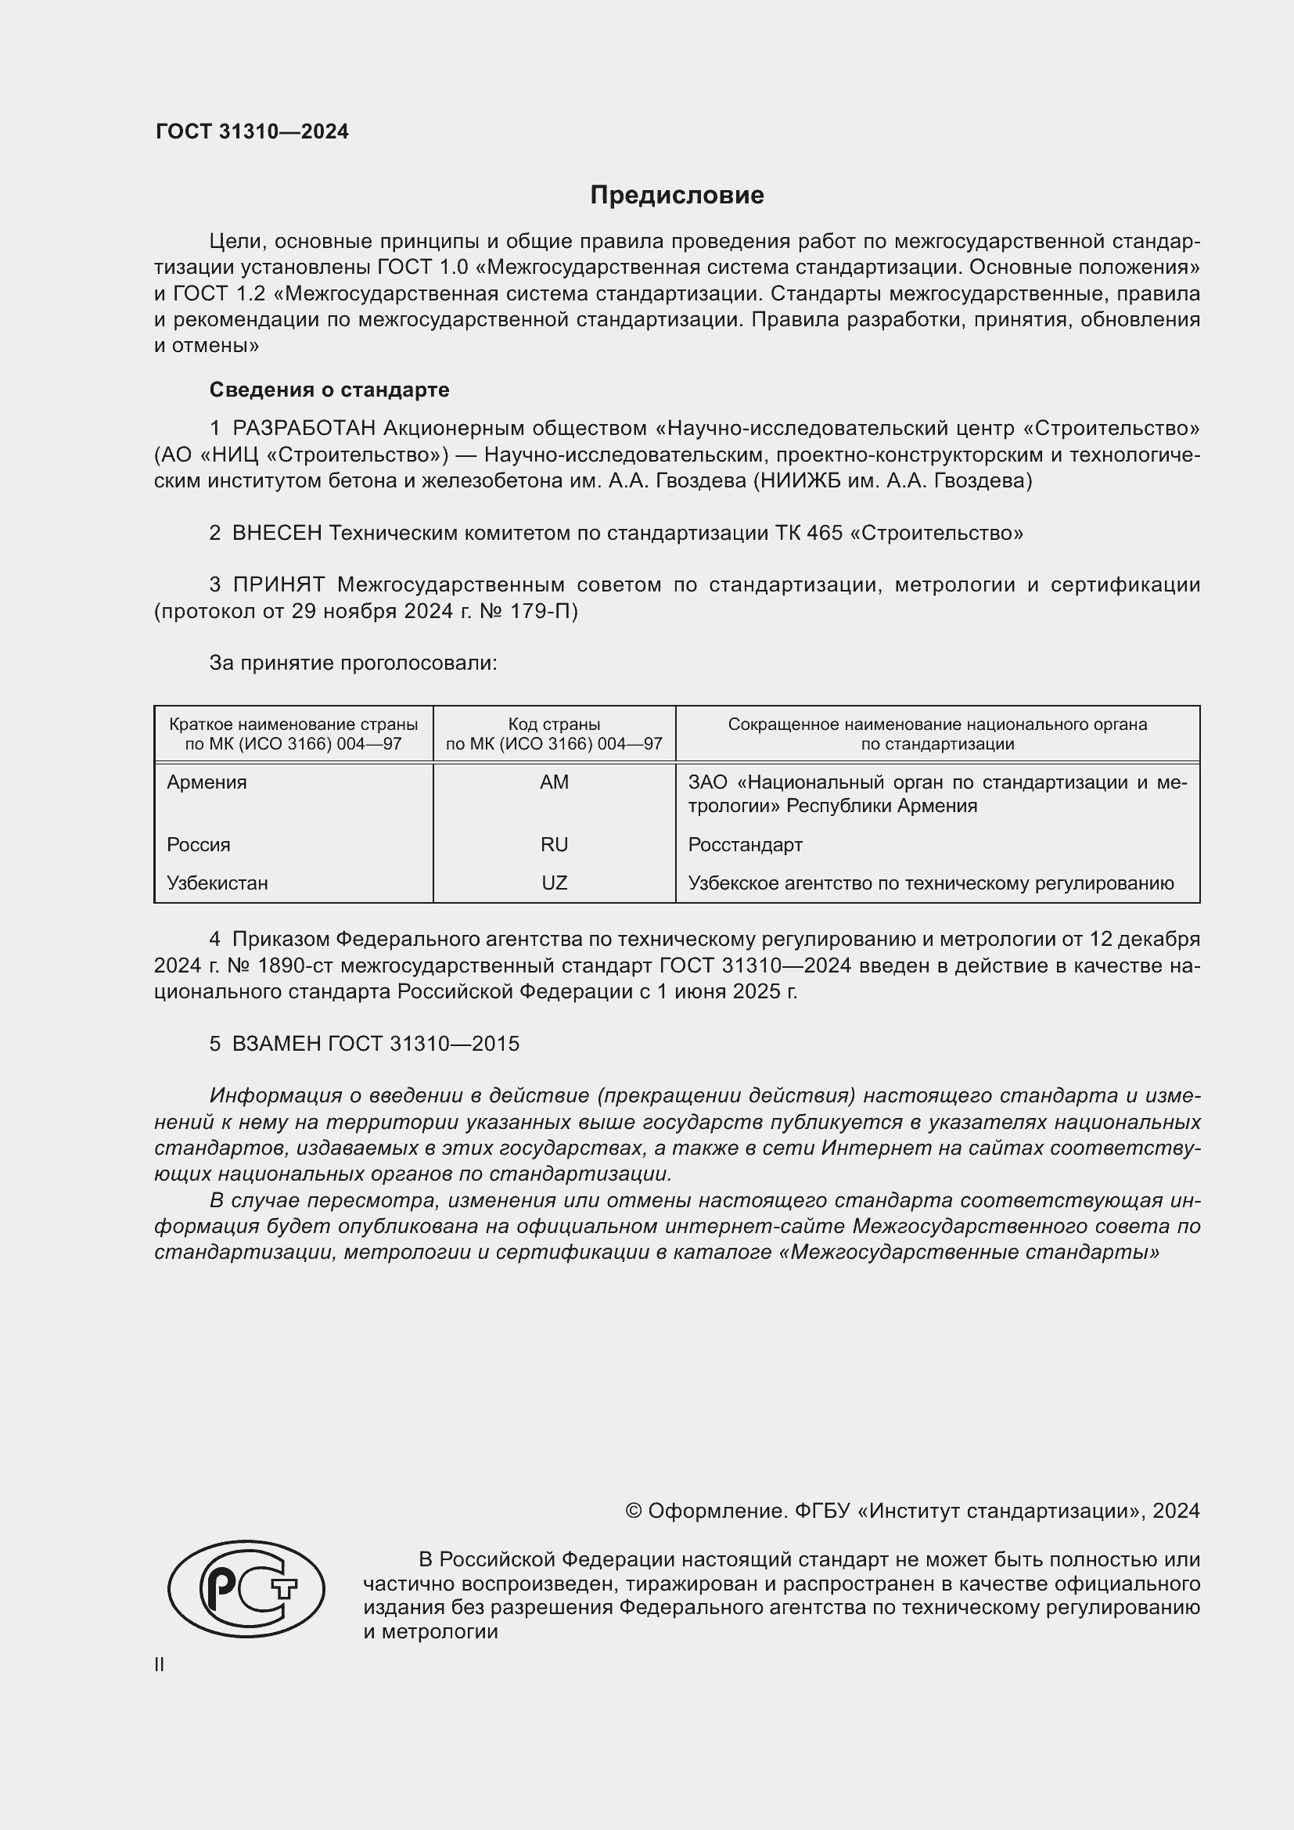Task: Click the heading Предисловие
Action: click(x=677, y=196)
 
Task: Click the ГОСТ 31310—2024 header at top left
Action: click(x=252, y=131)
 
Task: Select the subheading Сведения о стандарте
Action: click(x=329, y=390)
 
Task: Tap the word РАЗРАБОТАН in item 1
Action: click(x=304, y=429)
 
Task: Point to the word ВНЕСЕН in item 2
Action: click(x=276, y=534)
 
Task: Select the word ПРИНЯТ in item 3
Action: click(x=278, y=585)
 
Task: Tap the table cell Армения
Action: click(x=207, y=782)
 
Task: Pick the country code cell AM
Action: click(x=554, y=782)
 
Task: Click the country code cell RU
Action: click(x=554, y=844)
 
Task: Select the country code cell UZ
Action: click(x=554, y=883)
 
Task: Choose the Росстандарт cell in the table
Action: click(x=745, y=844)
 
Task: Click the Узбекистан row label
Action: click(x=217, y=883)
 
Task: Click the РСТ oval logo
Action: click(x=246, y=1588)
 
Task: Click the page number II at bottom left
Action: click(x=160, y=1665)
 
